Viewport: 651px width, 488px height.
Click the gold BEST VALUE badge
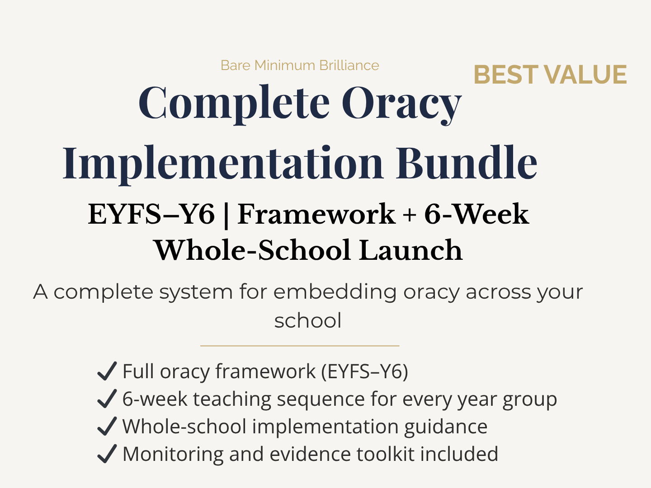(x=550, y=75)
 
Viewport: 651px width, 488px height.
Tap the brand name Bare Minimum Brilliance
(x=300, y=66)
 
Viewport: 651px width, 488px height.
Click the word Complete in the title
(x=234, y=103)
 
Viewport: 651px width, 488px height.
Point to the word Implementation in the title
(x=223, y=163)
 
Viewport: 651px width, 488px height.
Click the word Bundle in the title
(x=467, y=163)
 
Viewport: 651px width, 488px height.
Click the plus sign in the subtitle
(x=410, y=215)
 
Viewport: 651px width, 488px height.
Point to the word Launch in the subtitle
(x=411, y=250)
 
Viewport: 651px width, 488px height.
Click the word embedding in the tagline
(x=335, y=291)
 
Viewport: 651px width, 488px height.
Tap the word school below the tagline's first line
(x=308, y=321)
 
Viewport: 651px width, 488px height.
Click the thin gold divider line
(x=300, y=346)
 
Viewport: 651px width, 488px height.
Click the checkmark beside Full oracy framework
(x=107, y=371)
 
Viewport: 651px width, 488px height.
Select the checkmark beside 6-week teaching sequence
(x=107, y=399)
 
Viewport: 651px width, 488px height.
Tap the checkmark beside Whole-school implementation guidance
(x=107, y=427)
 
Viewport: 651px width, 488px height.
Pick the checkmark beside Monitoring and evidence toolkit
(x=107, y=454)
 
